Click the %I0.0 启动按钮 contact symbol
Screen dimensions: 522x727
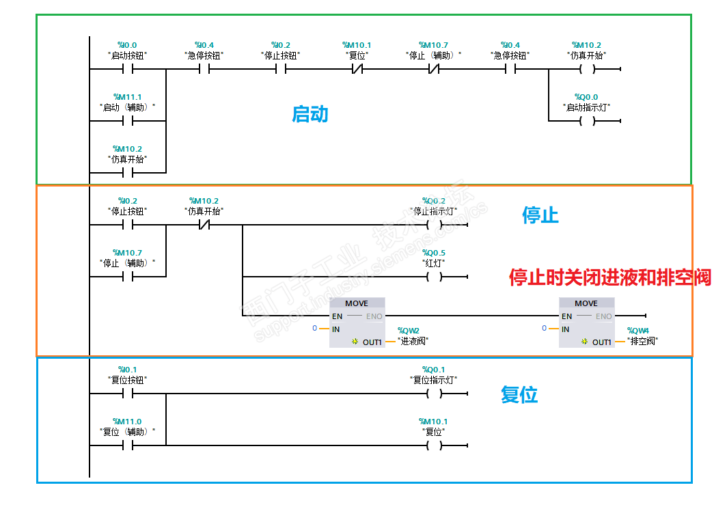[x=127, y=69]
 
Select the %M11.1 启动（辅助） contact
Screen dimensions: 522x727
[x=127, y=121]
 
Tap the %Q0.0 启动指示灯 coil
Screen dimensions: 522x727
[x=586, y=121]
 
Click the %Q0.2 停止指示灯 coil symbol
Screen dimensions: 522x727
[x=434, y=225]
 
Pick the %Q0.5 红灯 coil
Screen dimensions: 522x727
[x=434, y=277]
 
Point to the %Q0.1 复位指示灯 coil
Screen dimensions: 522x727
[x=434, y=394]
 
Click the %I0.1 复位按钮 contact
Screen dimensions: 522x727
[x=127, y=394]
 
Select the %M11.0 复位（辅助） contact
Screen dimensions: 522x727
[x=127, y=445]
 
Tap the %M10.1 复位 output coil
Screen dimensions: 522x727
[x=434, y=445]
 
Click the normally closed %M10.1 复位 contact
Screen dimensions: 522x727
[x=357, y=69]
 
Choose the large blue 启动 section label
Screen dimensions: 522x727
[x=310, y=113]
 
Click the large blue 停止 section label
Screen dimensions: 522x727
[x=540, y=215]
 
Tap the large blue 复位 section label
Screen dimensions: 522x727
[x=519, y=394]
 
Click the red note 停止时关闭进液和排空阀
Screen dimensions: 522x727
[x=609, y=277]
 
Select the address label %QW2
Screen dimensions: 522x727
[x=409, y=331]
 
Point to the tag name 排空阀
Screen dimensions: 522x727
[x=642, y=341]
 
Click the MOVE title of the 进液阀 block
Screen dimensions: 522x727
[x=356, y=303]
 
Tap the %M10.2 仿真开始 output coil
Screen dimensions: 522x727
[x=586, y=69]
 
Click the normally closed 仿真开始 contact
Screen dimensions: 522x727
[x=204, y=225]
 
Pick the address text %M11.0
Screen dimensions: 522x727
[x=128, y=422]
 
